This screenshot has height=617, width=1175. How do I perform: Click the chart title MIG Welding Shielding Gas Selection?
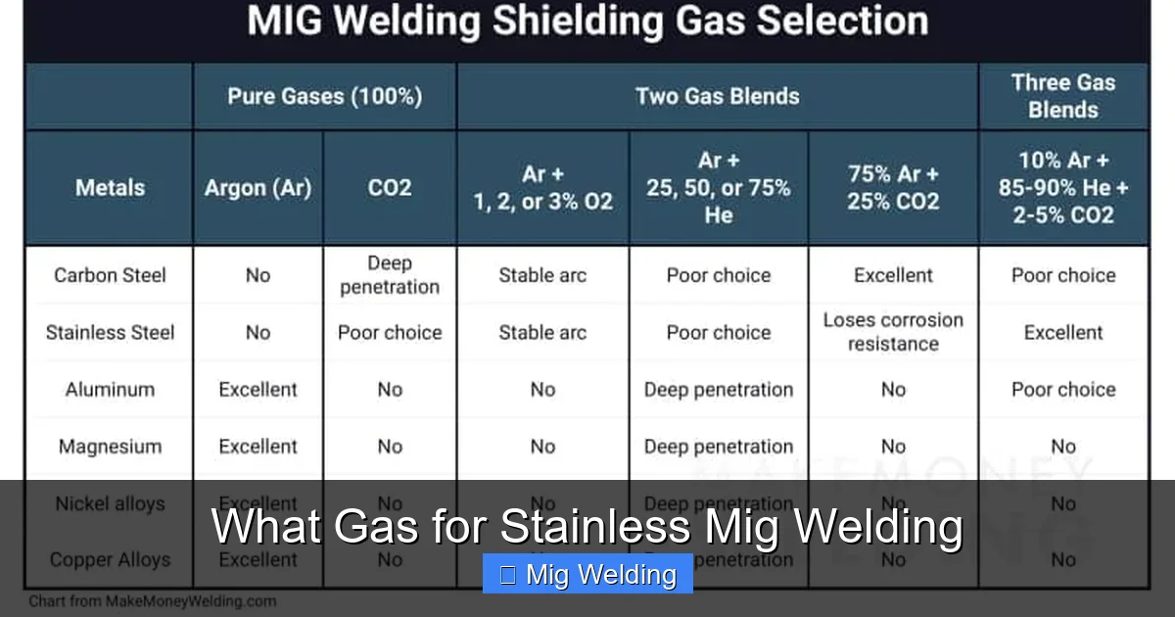point(587,23)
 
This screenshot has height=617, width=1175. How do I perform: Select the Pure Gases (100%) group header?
point(324,96)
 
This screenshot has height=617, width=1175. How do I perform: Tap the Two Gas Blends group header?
point(717,96)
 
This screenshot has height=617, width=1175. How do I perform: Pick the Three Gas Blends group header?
point(1062,96)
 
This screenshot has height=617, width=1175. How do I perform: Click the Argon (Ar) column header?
point(258,187)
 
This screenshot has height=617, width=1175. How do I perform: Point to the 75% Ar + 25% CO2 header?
point(893,187)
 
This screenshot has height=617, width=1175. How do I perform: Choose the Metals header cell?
point(110,187)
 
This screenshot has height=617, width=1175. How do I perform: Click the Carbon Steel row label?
point(110,275)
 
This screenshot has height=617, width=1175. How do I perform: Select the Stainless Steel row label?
point(110,332)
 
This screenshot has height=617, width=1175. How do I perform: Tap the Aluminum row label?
point(110,389)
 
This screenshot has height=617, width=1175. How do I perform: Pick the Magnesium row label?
point(110,447)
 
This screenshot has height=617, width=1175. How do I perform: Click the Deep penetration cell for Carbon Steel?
point(389,275)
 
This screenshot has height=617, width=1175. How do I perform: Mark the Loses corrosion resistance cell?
point(893,332)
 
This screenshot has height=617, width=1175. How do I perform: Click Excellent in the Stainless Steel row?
point(1062,332)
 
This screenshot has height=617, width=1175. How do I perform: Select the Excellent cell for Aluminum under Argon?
point(258,389)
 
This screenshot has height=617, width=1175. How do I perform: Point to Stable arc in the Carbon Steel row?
point(542,275)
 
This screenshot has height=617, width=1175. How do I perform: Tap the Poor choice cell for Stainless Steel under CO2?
point(389,332)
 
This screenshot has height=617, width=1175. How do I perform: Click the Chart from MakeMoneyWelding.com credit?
point(152,601)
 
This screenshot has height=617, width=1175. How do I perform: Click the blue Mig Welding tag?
point(587,575)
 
